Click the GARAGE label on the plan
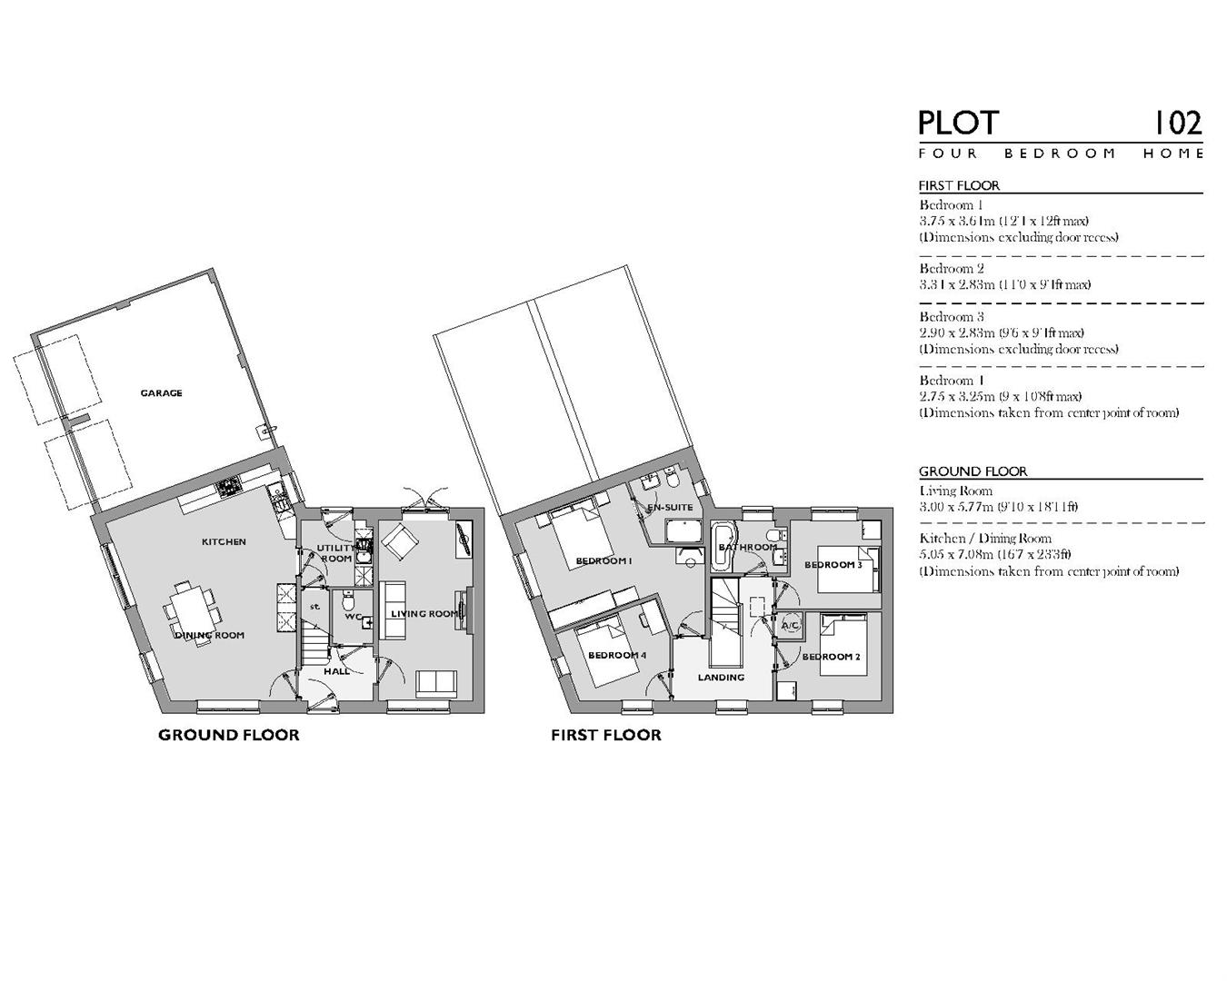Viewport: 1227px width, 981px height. [161, 393]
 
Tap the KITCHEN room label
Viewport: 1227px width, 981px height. [224, 542]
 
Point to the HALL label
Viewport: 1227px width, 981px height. [336, 671]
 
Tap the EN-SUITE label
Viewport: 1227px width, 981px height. [670, 508]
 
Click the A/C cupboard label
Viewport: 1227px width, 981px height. [789, 626]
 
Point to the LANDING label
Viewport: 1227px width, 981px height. [721, 678]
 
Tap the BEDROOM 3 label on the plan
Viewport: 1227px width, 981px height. [833, 565]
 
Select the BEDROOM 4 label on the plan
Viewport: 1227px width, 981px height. [617, 656]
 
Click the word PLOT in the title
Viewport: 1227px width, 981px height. [958, 123]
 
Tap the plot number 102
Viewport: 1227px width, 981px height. [1177, 123]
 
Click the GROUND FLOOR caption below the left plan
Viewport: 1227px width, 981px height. [228, 735]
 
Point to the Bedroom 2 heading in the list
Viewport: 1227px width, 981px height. [951, 269]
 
